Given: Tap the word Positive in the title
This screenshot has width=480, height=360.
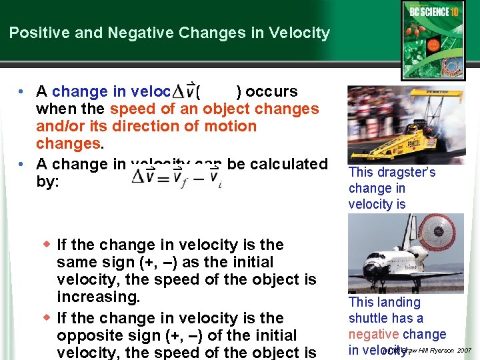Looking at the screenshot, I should (x=35, y=33).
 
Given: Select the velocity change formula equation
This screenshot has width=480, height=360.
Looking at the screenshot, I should (x=176, y=177).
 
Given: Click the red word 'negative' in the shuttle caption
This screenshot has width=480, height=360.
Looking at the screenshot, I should (x=373, y=334).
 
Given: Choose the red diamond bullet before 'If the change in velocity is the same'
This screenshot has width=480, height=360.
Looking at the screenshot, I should (x=47, y=244).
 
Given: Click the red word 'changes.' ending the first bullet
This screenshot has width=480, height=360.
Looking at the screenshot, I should (x=68, y=144).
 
